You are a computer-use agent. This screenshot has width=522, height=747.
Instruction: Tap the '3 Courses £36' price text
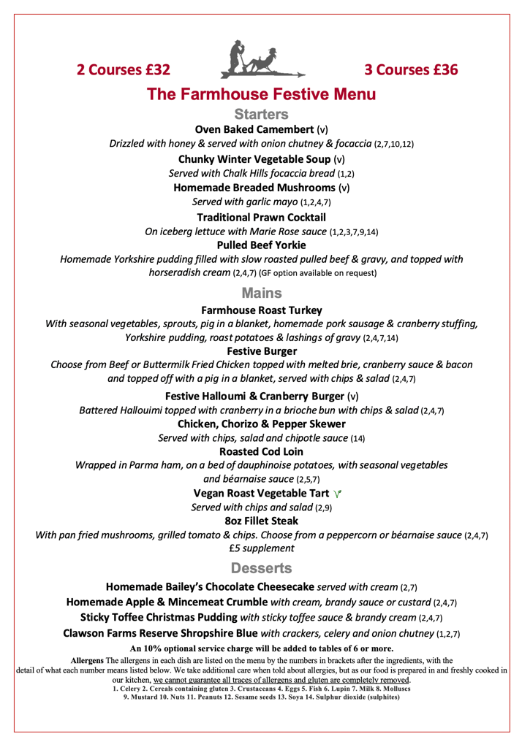point(411,70)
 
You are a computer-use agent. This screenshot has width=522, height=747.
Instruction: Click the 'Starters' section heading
point(261,114)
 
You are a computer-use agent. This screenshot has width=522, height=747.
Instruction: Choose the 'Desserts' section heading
point(261,567)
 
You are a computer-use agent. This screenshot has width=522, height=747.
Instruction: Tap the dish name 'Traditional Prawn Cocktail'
point(261,217)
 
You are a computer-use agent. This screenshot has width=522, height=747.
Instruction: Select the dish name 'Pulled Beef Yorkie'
point(261,245)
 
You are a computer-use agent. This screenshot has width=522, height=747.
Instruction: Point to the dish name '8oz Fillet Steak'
point(261,521)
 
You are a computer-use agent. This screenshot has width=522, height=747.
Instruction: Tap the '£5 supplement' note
point(261,548)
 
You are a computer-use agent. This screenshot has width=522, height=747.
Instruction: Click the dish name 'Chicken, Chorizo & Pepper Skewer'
point(261,424)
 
